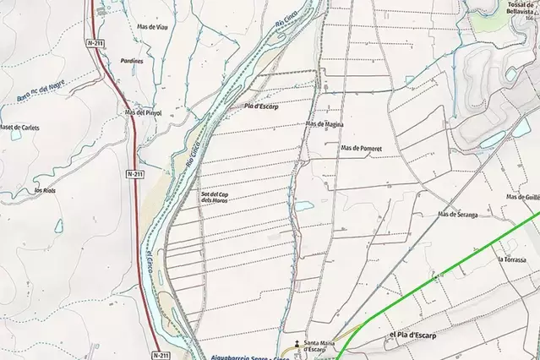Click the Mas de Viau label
pos(152,27)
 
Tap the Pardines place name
pos(132,61)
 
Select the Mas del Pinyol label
pos(143,112)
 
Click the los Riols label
pos(44,191)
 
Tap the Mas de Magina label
pos(325,124)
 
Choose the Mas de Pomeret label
pos(362,148)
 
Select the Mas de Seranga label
pos(458,215)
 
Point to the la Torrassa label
pos(512,259)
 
